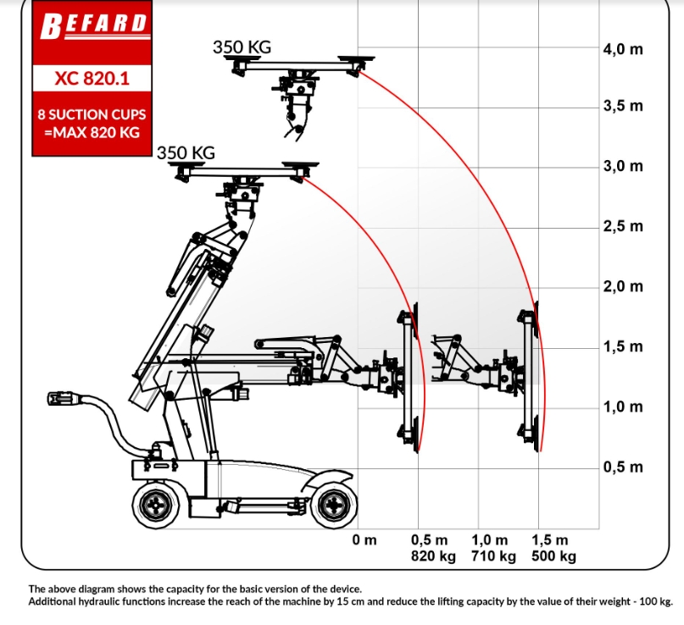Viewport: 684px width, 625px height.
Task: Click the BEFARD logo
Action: coord(93,26)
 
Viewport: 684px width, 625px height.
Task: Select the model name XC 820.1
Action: coord(92,79)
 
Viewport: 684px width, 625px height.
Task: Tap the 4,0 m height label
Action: coord(623,49)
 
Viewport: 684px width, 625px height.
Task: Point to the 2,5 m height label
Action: coord(623,226)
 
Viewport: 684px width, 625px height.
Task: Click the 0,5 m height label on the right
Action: coord(623,467)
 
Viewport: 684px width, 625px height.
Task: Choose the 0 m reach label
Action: coord(364,540)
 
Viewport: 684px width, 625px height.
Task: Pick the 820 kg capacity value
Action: coord(433,556)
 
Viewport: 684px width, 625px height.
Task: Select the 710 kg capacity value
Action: coord(493,556)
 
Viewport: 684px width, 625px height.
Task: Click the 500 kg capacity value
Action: coord(554,556)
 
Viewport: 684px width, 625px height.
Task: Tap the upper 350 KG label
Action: coord(242,47)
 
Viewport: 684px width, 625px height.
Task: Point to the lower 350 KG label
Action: coord(186,153)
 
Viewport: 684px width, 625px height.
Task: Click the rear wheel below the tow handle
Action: coord(156,506)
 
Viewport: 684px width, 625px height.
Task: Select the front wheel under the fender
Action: coord(335,506)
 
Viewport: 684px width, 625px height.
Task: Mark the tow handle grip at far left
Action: coord(64,399)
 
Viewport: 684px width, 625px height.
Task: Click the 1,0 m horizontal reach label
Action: coord(489,540)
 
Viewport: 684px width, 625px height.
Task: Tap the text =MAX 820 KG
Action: coord(92,132)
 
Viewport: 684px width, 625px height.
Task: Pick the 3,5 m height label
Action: coord(623,106)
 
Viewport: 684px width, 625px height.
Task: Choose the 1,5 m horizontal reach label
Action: coord(549,540)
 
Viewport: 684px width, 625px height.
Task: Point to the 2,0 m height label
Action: coord(623,286)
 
